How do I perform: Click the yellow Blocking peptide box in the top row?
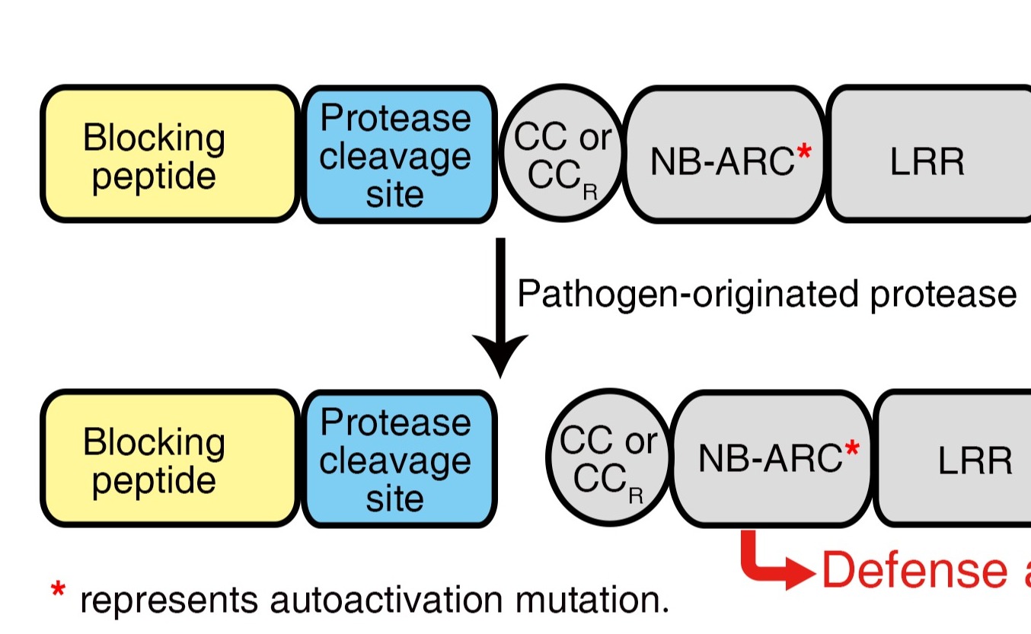pos(169,155)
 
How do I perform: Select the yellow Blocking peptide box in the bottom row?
pos(169,459)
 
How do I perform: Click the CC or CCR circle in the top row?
pos(561,155)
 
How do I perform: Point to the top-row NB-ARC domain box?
pos(724,155)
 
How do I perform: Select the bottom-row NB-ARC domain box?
pos(771,459)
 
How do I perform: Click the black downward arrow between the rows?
pos(500,304)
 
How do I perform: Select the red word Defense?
pos(914,570)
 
